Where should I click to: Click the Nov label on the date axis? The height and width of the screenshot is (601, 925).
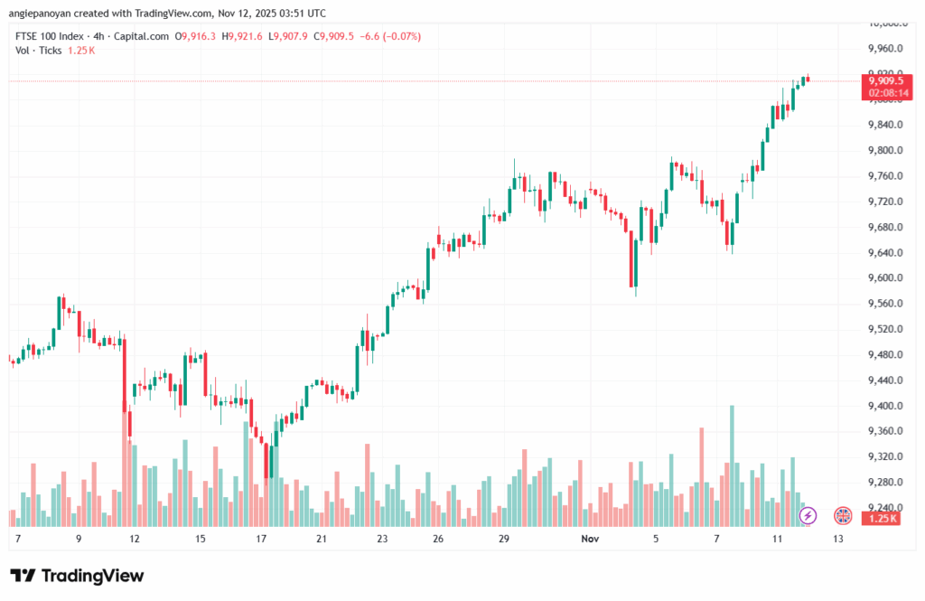point(591,539)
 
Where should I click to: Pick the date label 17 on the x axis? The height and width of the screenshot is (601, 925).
point(261,539)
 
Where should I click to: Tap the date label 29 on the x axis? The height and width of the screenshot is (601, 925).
point(505,539)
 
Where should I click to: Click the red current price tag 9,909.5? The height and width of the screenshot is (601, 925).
point(885,80)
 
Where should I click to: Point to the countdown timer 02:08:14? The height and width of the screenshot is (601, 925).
point(885,92)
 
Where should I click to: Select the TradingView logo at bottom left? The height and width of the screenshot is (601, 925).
point(77,576)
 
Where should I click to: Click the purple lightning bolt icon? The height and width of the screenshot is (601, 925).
point(808,515)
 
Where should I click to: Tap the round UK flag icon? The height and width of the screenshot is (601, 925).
point(842,515)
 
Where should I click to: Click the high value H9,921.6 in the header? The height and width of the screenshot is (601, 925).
point(245,36)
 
